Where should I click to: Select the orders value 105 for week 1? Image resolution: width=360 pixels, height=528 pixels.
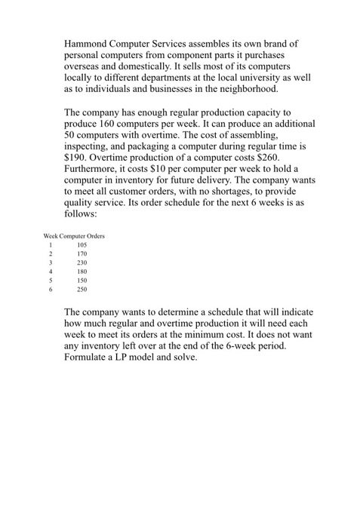[82, 246]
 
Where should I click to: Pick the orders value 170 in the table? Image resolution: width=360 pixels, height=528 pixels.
[82, 256]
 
